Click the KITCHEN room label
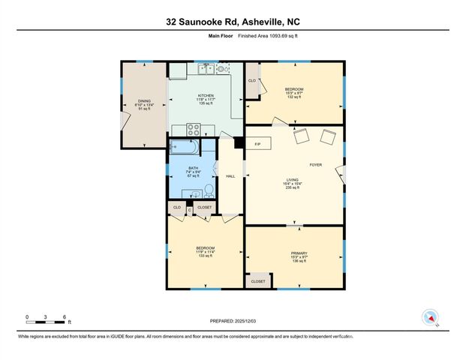tap(206, 96)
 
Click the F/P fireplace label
tap(257, 144)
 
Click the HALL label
tap(230, 176)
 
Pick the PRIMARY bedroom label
tap(299, 253)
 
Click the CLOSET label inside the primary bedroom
tap(258, 280)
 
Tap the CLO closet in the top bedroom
tap(252, 80)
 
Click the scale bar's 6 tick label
tap(65, 317)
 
